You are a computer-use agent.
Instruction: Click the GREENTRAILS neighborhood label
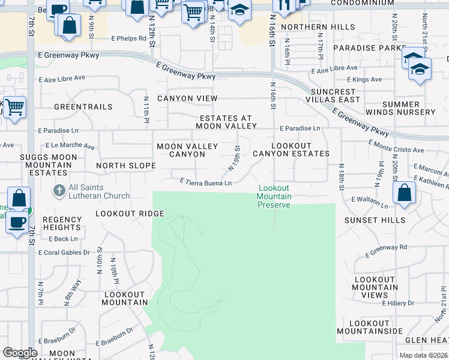click(83, 107)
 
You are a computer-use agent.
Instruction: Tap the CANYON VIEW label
click(187, 98)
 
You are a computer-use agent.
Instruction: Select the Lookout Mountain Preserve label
click(274, 196)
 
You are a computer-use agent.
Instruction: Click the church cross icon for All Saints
click(59, 191)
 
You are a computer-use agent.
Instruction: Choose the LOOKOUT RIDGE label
click(130, 214)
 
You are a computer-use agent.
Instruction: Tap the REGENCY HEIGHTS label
click(62, 223)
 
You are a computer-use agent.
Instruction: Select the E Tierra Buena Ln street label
click(206, 182)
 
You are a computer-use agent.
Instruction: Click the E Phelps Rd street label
click(128, 38)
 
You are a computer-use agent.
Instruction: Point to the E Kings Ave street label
click(364, 79)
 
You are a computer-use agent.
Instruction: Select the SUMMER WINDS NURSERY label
click(409, 108)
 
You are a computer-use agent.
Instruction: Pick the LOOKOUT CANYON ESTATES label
click(291, 149)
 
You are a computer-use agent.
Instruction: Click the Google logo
click(20, 353)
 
